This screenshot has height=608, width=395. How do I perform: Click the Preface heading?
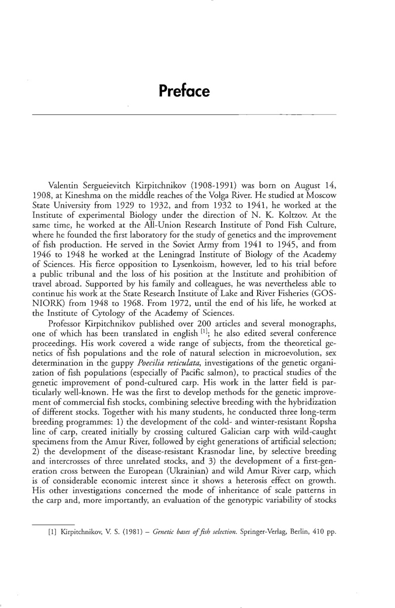pyautogui.click(x=184, y=92)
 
